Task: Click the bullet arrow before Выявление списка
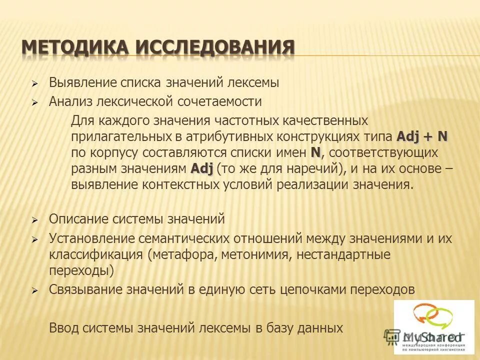(35, 83)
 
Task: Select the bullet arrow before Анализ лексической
(35, 102)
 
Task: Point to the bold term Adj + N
(422, 136)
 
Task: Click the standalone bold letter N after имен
(315, 151)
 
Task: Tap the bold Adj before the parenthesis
(202, 167)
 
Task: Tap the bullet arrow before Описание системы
(35, 220)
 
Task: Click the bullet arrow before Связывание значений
(35, 290)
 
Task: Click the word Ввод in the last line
(62, 328)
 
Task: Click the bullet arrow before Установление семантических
(35, 240)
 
